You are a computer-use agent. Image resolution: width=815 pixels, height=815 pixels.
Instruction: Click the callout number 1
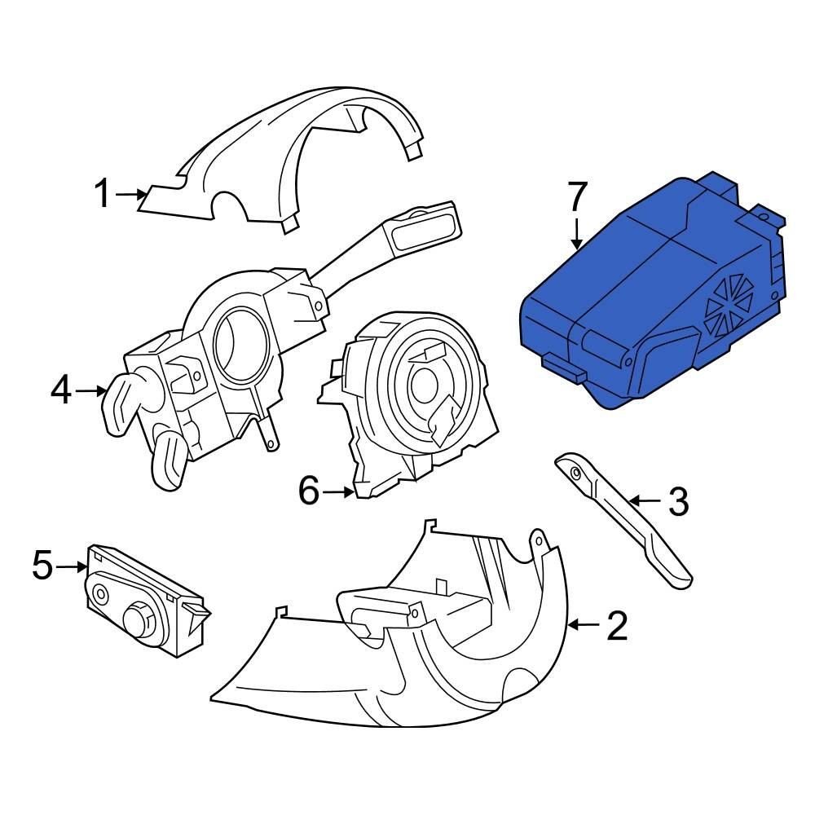(x=102, y=194)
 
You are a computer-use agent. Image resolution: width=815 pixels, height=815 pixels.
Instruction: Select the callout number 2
(x=617, y=625)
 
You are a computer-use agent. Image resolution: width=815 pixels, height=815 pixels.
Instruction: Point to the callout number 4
(x=61, y=391)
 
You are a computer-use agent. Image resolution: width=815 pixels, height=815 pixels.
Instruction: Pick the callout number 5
(x=42, y=565)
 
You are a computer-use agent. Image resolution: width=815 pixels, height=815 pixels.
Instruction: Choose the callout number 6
(x=309, y=491)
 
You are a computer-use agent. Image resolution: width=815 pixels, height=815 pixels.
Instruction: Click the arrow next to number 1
(x=130, y=194)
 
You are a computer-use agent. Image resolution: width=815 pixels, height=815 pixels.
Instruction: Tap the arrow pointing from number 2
(x=582, y=625)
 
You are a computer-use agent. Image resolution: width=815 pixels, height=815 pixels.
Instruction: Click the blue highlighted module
(x=636, y=293)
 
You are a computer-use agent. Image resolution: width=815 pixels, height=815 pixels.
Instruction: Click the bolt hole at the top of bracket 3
(x=575, y=472)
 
